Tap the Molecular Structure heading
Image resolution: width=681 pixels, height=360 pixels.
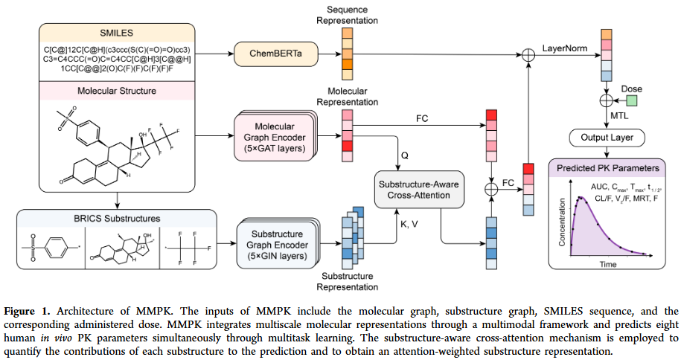coord(119,91)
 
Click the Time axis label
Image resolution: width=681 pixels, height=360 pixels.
coord(609,263)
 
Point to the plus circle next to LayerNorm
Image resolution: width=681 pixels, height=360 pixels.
coord(529,54)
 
